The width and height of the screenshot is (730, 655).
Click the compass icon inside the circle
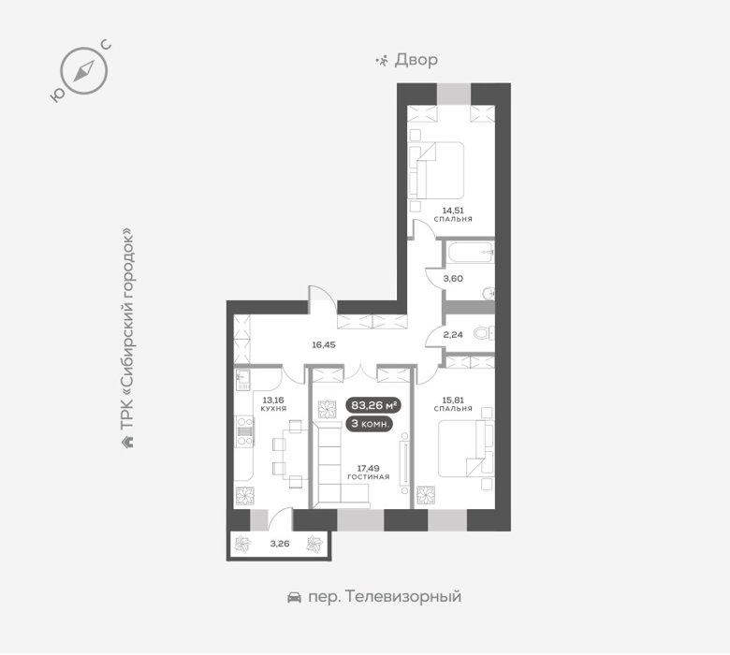click(84, 71)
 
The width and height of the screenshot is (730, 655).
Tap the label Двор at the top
click(416, 61)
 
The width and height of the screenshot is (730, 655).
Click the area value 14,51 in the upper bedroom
click(453, 211)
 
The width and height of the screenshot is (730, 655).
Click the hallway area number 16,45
click(324, 345)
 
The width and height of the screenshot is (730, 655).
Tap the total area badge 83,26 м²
click(373, 405)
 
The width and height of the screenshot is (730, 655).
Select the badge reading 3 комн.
click(371, 424)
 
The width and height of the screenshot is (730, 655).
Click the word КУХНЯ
click(273, 409)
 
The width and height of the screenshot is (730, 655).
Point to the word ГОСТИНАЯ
click(368, 477)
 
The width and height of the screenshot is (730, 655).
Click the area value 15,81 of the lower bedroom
click(453, 400)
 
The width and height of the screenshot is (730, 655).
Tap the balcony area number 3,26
click(280, 544)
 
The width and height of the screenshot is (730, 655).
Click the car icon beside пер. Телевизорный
click(294, 597)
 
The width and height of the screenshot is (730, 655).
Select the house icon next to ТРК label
click(127, 441)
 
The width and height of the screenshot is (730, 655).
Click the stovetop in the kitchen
click(245, 431)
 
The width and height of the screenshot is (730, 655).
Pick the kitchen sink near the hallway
click(243, 380)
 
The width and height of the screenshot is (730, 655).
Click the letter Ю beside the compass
click(56, 95)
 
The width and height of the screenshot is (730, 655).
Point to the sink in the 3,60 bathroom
click(488, 294)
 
